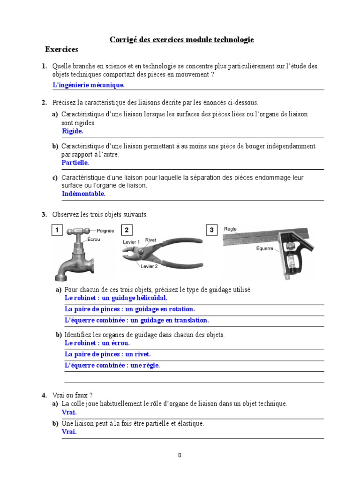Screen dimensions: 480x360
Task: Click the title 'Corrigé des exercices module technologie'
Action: (x=181, y=40)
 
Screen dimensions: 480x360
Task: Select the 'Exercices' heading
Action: (x=61, y=49)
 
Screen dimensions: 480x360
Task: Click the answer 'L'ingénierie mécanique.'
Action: (x=89, y=85)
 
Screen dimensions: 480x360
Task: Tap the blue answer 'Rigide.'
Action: (x=72, y=131)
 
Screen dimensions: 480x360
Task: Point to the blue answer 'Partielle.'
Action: (x=75, y=163)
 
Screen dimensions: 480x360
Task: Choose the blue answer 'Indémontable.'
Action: (x=83, y=194)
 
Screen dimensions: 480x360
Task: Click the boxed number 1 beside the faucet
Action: (x=57, y=230)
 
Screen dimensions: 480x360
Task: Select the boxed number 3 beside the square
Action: (x=212, y=230)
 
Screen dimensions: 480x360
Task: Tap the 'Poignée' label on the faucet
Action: (x=105, y=231)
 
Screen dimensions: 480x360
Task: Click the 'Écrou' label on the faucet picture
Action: (x=94, y=239)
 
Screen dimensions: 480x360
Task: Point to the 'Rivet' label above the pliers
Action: (x=150, y=240)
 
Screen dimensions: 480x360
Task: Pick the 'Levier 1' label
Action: (x=131, y=242)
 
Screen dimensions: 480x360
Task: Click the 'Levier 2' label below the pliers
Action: (x=150, y=266)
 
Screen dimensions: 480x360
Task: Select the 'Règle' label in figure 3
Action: (x=230, y=229)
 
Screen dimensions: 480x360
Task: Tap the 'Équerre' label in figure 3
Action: (x=264, y=248)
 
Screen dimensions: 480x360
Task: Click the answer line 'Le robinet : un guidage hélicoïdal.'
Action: (x=116, y=298)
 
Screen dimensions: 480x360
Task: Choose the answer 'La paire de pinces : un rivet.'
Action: (x=107, y=354)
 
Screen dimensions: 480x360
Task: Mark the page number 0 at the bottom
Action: (x=180, y=455)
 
